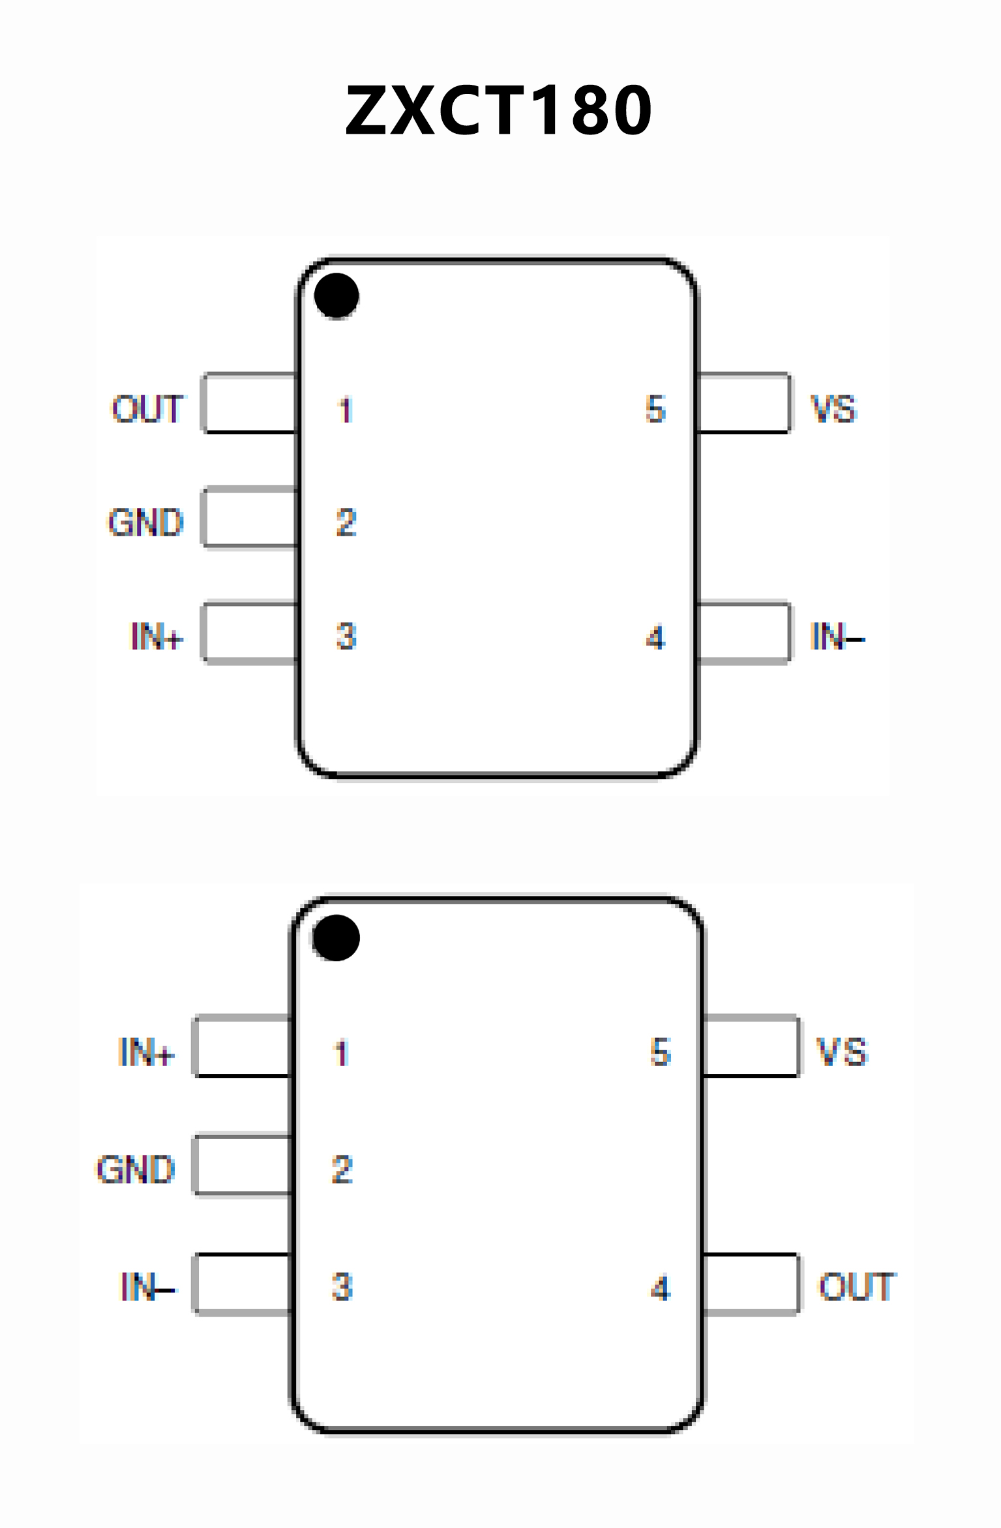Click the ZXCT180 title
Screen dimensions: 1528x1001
point(499,111)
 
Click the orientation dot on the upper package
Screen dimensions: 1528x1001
point(336,296)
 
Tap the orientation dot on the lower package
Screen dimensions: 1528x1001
point(336,938)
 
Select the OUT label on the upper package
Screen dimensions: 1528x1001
point(148,409)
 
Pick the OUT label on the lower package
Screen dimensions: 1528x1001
point(857,1287)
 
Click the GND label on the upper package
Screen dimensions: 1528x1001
point(146,523)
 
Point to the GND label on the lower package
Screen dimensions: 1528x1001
point(136,1169)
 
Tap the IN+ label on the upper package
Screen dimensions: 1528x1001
point(157,636)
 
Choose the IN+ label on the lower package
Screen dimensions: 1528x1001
point(146,1052)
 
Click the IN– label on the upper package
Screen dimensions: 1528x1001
point(837,636)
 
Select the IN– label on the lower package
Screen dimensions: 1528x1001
point(147,1287)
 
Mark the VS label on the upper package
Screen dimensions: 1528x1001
point(833,409)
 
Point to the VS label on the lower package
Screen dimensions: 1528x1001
point(842,1052)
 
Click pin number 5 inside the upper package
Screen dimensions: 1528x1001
point(655,409)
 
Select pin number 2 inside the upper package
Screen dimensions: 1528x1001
point(346,523)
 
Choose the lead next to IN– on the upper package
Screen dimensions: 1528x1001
point(743,634)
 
